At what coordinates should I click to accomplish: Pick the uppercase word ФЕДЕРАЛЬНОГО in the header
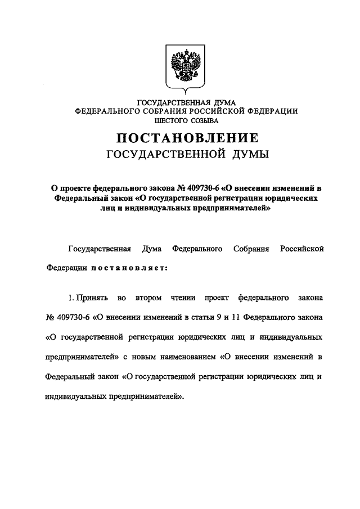pyautogui.click(x=108, y=112)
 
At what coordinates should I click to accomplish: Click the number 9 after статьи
pyautogui.click(x=218, y=317)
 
